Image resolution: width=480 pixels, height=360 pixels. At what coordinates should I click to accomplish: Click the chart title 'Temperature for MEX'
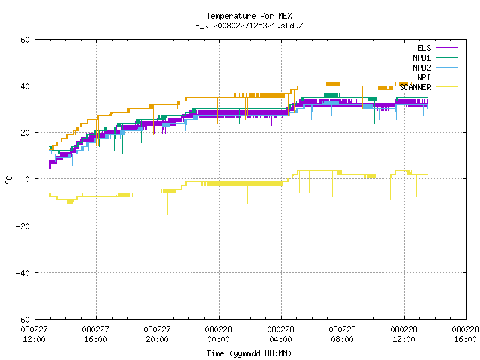249,16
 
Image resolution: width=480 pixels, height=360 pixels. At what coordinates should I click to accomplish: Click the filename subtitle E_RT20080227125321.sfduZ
249,25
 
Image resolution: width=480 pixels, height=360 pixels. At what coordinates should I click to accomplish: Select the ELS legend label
424,48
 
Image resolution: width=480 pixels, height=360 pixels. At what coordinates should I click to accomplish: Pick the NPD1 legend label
421,58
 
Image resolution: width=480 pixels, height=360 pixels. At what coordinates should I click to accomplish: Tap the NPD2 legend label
421,67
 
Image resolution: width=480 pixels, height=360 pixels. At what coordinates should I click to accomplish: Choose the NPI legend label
424,77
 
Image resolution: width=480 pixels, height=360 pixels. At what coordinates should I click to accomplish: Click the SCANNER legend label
415,87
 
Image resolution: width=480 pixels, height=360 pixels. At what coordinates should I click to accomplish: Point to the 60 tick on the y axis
25,40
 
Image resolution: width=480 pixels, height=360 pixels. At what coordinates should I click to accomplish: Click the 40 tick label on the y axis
25,86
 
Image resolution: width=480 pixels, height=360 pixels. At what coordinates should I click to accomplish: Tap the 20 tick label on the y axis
25,133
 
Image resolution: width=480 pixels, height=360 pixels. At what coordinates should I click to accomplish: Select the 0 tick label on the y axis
28,179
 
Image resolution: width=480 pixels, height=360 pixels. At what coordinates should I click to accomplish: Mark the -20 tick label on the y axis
23,226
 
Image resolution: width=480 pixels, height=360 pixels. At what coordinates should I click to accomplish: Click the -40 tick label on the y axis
23,273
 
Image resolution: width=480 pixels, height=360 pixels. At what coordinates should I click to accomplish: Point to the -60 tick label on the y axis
23,319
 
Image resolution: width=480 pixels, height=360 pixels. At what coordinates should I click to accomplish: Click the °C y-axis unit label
8,180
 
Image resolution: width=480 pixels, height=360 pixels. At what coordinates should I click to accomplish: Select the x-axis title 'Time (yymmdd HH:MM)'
249,353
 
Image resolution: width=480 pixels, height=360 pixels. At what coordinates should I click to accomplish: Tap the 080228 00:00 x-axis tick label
218,334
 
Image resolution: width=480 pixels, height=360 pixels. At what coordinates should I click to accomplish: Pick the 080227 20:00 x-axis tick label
157,334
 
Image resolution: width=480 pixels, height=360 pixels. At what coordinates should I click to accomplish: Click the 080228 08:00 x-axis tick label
342,334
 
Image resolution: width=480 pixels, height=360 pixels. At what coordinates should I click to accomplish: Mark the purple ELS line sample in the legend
447,48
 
